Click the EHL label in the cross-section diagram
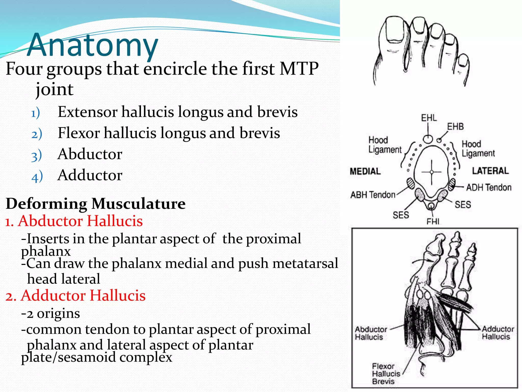click(x=429, y=118)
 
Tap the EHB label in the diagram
click(x=455, y=127)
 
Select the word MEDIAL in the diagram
click(x=365, y=171)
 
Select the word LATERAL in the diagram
click(x=490, y=171)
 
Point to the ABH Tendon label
click(x=373, y=195)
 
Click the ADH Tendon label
click(x=489, y=188)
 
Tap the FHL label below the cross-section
click(x=434, y=221)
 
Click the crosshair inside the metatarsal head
click(x=432, y=172)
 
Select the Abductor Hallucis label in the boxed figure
click(x=371, y=333)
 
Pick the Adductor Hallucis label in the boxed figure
click(x=498, y=333)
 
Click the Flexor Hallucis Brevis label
click(x=386, y=374)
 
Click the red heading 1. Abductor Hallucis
click(x=74, y=221)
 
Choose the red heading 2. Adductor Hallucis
click(x=75, y=296)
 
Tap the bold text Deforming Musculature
click(x=96, y=204)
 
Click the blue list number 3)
click(x=37, y=156)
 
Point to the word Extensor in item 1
click(x=88, y=112)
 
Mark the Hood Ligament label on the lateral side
click(x=478, y=149)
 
